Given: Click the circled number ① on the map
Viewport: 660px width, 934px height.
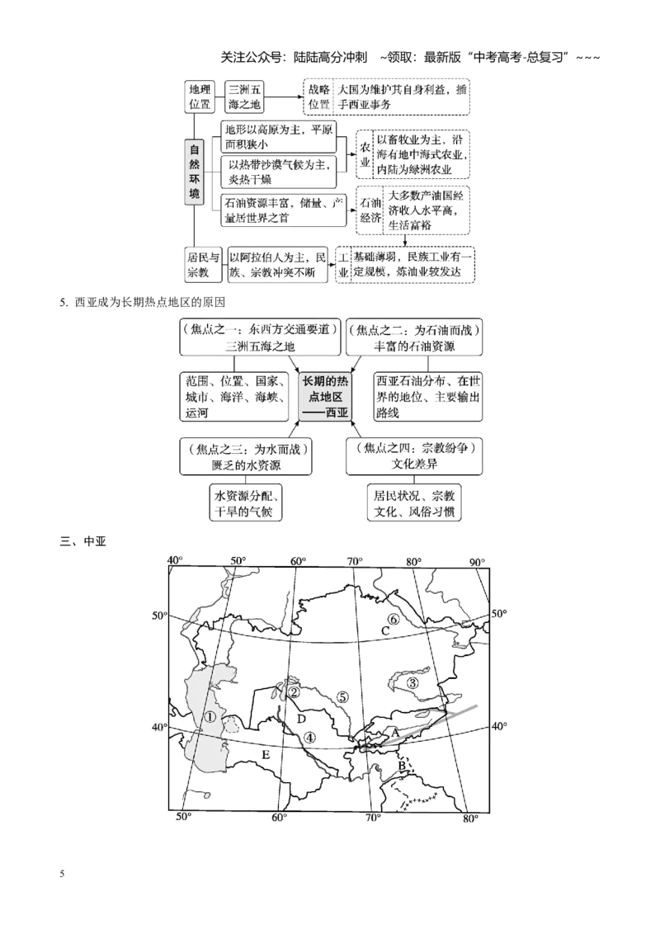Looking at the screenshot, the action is click(210, 717).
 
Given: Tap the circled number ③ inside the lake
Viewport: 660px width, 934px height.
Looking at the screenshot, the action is click(412, 682).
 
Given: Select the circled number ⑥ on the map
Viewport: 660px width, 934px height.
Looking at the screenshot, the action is click(394, 620).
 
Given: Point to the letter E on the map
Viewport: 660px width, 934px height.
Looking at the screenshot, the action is click(266, 755).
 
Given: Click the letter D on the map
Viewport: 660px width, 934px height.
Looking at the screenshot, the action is click(301, 719).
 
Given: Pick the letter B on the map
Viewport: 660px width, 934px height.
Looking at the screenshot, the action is click(402, 766).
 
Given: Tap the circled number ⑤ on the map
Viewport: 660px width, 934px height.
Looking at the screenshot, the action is click(342, 697).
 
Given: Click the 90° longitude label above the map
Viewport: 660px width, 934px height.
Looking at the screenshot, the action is click(477, 562).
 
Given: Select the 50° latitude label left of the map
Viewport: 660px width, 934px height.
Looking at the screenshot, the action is click(160, 616).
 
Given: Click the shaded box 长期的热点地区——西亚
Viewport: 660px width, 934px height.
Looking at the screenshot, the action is click(325, 397).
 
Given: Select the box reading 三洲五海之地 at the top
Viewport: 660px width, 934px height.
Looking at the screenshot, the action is click(245, 97).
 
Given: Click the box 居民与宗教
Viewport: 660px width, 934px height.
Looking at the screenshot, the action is click(203, 265).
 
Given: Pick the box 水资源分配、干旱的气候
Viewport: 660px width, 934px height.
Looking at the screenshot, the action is click(245, 503).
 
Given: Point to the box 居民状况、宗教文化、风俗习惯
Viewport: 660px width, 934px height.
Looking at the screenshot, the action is click(414, 503).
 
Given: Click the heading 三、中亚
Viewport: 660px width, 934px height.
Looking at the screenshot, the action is click(82, 541).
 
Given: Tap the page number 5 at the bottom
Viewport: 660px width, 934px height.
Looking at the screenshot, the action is click(62, 874).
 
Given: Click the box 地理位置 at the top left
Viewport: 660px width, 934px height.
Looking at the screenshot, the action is click(200, 97).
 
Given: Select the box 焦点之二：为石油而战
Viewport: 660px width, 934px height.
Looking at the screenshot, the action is click(414, 337).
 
